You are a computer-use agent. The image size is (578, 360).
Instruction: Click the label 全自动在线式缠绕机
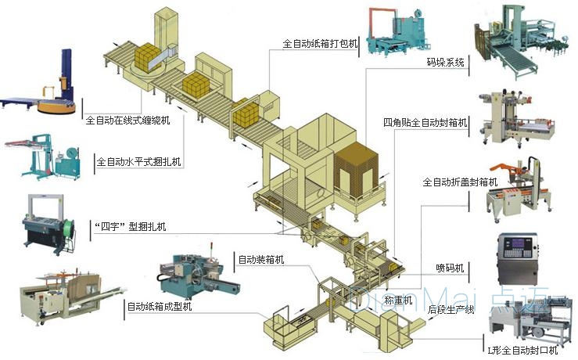pyautogui.click(x=138, y=121)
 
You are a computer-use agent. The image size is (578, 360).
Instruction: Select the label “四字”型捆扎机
pyautogui.click(x=128, y=228)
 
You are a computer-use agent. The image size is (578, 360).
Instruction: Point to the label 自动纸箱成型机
pyautogui.click(x=160, y=307)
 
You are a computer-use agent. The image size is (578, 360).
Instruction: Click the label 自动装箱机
pyautogui.click(x=261, y=259)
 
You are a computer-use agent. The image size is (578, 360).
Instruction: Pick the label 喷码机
pyautogui.click(x=450, y=268)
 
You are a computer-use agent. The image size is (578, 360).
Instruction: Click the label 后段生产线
pyautogui.click(x=451, y=311)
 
